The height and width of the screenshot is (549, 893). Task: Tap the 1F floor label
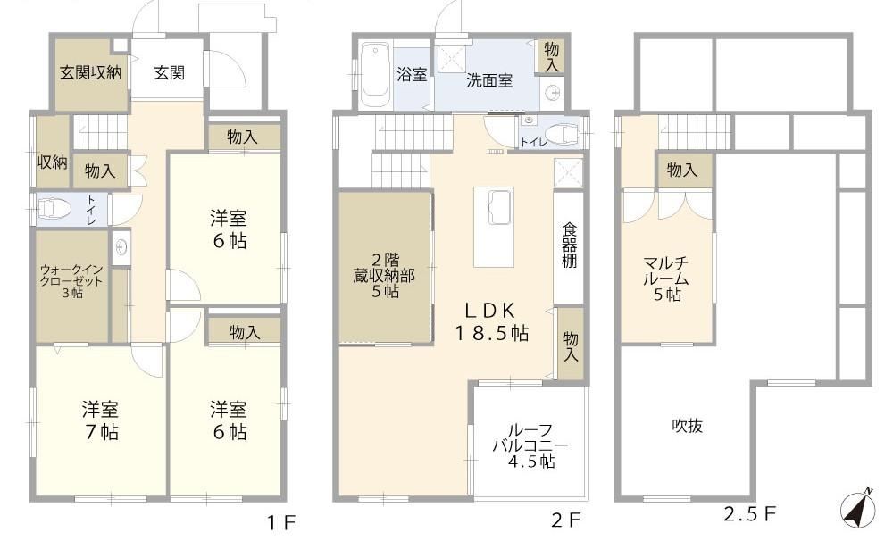281,522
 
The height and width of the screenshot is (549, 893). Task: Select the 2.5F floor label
749,514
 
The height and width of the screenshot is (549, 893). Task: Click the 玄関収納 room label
90,72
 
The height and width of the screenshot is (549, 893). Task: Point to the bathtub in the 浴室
375,75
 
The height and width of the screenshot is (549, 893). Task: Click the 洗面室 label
489,80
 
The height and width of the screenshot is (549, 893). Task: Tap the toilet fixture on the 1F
54,209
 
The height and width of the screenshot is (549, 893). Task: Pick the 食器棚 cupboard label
570,245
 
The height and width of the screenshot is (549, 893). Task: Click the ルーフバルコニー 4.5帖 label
530,445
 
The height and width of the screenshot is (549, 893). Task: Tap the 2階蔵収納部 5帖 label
384,276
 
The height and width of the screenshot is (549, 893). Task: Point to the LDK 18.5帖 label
491,321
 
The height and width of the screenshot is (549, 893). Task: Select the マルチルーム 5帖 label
666,279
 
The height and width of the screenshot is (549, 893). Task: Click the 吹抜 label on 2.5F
687,426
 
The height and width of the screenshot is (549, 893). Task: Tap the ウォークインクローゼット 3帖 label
71,281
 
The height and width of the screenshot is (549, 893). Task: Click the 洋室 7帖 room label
101,420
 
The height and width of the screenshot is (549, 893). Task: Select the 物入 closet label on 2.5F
681,169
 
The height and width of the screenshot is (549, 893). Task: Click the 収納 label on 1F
53,162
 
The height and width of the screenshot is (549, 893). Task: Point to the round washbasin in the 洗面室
552,94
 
